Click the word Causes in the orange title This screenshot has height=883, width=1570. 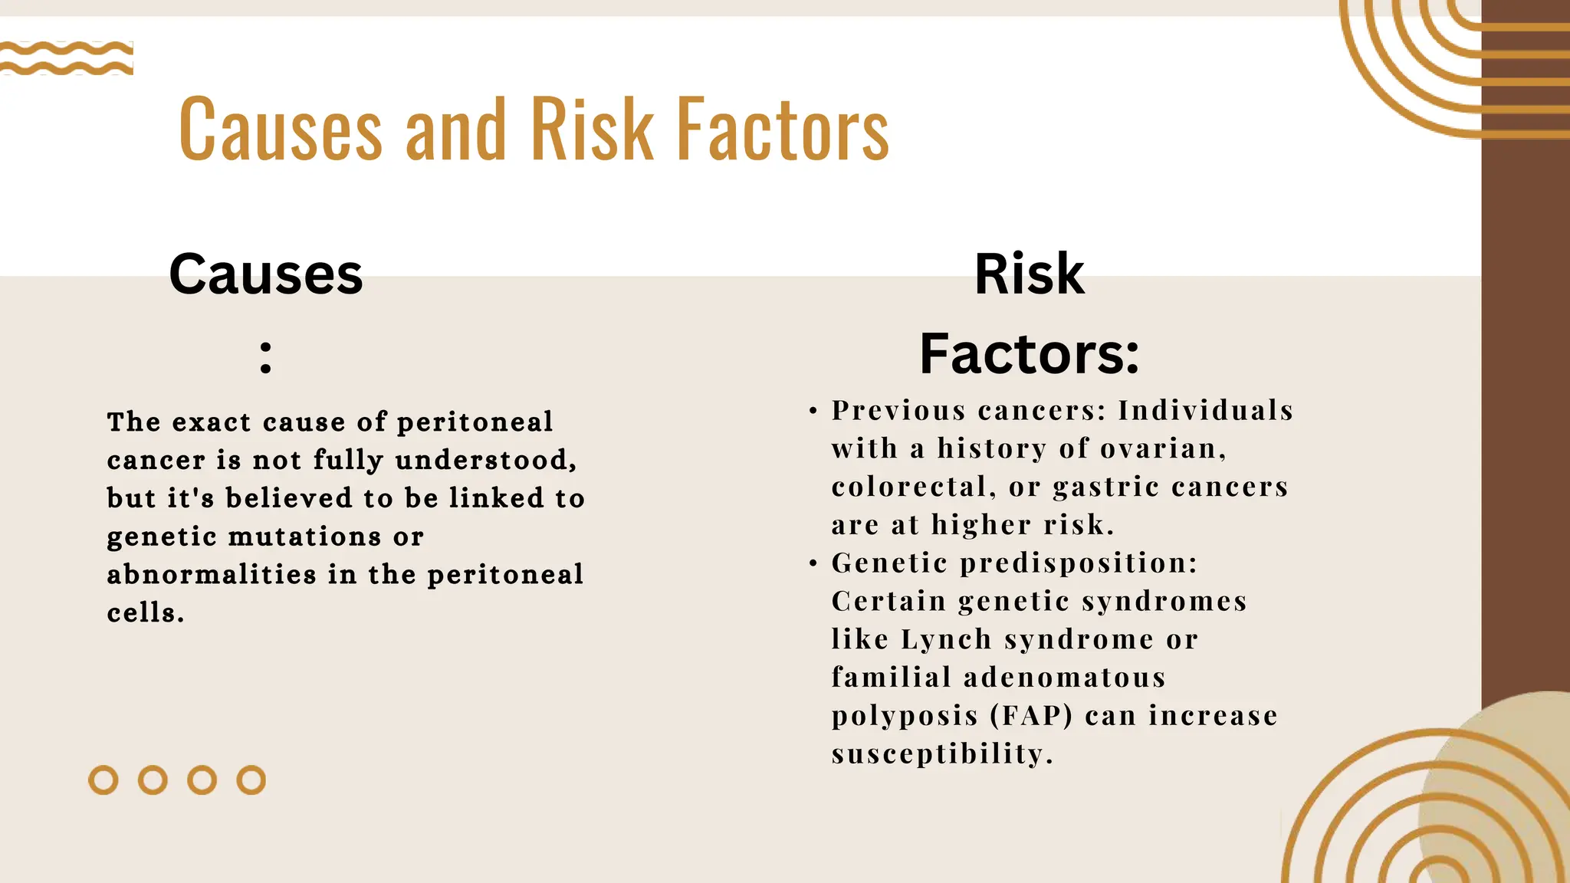(x=281, y=130)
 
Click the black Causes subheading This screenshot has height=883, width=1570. (x=266, y=274)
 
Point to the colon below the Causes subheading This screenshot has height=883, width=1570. (x=266, y=357)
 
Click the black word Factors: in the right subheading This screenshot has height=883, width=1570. (x=1030, y=354)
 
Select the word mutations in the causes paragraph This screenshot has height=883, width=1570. (x=305, y=537)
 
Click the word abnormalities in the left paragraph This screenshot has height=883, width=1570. (x=212, y=574)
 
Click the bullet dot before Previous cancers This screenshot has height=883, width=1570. (x=813, y=412)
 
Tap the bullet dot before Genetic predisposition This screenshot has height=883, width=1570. (x=813, y=564)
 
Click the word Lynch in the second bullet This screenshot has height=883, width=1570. (x=946, y=639)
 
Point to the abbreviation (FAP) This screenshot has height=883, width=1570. (x=1031, y=716)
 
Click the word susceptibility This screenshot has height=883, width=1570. (x=942, y=753)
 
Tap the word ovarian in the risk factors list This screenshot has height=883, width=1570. (x=1163, y=448)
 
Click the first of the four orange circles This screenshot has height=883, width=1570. (x=103, y=780)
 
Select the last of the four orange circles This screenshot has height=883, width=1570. (x=251, y=780)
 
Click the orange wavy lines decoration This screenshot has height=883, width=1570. (x=67, y=58)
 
